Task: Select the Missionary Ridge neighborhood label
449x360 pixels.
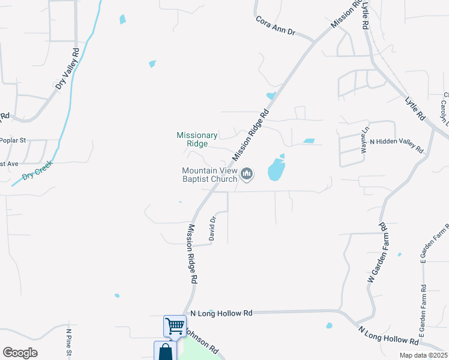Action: tap(197, 139)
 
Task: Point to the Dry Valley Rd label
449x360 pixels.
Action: tap(68, 69)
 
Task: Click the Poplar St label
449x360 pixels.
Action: tap(13, 140)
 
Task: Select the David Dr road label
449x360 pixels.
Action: tap(212, 228)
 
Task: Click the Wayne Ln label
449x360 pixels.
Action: tap(364, 140)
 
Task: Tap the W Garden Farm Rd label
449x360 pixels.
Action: tap(378, 253)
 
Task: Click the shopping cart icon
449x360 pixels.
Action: tap(175, 326)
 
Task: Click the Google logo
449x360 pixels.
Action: tap(20, 353)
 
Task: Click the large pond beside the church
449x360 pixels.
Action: tap(276, 169)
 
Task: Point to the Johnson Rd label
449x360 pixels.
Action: tap(202, 340)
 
